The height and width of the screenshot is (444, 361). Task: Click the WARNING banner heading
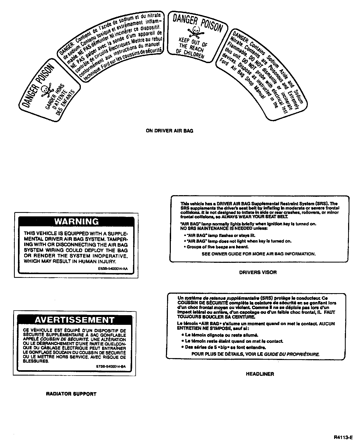coord(76,221)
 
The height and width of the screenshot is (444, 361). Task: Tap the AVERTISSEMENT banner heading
coord(75,320)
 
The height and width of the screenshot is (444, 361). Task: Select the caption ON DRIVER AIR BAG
coord(169,131)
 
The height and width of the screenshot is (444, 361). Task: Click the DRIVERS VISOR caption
coord(258,272)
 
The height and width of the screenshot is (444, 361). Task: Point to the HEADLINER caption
coord(260,374)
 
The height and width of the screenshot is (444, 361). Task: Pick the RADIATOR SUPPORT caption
coord(71,394)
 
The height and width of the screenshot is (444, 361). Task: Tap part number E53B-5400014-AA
coord(113,268)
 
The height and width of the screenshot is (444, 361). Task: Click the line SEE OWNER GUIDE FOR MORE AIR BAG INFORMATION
coord(258,254)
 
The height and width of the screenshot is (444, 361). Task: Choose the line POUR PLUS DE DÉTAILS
coord(255,354)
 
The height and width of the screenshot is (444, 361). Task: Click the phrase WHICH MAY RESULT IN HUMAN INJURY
coord(70,261)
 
